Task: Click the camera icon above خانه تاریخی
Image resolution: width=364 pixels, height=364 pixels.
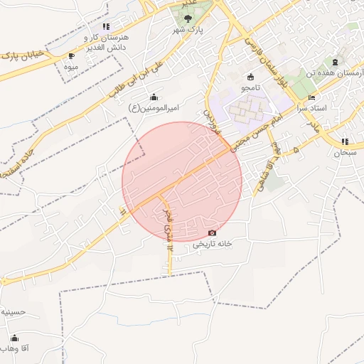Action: tap(212, 233)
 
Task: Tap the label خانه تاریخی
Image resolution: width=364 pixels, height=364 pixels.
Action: tap(213, 244)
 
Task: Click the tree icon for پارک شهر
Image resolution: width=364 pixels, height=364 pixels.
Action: tap(188, 18)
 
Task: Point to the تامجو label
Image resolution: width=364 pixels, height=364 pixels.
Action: tap(250, 87)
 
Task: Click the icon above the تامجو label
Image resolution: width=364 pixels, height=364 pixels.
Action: tap(250, 77)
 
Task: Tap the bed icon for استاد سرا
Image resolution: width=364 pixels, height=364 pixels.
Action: tap(312, 97)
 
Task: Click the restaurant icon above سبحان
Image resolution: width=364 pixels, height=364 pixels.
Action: tap(345, 141)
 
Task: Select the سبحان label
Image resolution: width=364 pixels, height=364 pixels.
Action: tap(345, 152)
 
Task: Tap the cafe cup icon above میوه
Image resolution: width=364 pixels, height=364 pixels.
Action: tap(70, 55)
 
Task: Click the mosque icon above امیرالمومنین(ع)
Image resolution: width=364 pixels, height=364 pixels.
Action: tap(154, 97)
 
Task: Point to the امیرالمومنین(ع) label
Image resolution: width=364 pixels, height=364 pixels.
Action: tap(157, 107)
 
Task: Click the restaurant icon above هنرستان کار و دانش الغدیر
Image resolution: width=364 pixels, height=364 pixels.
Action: tap(106, 26)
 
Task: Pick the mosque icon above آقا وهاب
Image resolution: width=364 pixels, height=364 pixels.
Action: tap(14, 338)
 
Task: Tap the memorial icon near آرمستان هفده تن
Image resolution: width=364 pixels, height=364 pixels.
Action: tap(344, 53)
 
